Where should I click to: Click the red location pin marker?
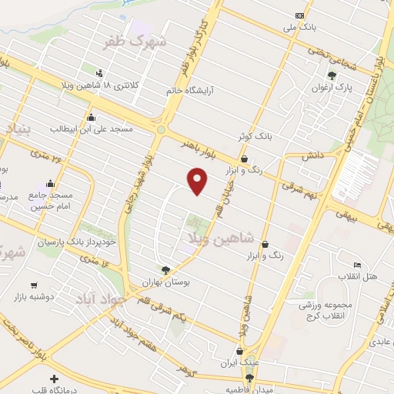[x=198, y=180]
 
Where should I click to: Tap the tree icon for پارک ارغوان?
[x=332, y=75]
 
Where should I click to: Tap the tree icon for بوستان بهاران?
[x=165, y=269]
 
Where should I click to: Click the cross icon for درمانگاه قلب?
[x=54, y=378]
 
